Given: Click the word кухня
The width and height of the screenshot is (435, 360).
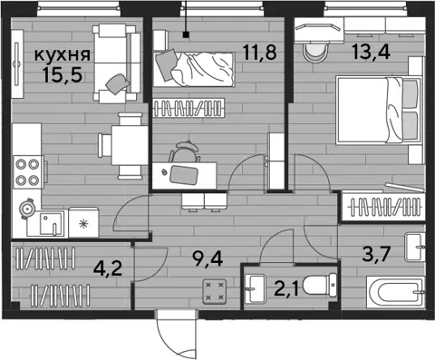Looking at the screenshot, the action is tap(63, 55).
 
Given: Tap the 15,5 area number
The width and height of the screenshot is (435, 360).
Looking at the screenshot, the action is tap(63, 74).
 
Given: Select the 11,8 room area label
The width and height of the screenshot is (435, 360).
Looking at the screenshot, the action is tap(260, 52).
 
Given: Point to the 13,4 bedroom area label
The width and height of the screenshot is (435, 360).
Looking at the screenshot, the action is tap(371, 52).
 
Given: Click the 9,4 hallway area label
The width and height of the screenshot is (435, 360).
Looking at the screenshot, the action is tap(208, 258).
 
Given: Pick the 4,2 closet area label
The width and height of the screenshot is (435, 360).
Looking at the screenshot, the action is tap(108, 268).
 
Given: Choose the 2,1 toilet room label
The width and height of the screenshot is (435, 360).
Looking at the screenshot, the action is tap(286, 288).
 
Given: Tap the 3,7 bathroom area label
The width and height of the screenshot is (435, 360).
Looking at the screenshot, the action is tap(376, 254).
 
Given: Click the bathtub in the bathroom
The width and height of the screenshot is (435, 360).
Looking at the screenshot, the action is tap(396, 292).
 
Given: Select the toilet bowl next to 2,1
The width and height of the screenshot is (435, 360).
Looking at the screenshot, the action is tap(320, 285).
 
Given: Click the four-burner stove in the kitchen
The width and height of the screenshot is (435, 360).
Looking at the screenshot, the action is tap(28, 172).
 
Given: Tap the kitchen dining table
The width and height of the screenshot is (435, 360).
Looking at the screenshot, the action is tap(130, 145).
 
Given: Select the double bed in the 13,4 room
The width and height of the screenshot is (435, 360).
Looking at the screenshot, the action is tap(379, 110).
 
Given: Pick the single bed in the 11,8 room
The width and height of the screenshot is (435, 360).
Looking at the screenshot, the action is tap(194, 70).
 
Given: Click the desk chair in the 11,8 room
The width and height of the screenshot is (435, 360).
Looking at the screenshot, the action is tap(184, 152).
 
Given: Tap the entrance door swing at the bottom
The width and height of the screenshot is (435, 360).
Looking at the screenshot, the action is tap(177, 334).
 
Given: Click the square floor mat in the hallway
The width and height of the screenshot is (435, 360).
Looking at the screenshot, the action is tap(215, 291).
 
